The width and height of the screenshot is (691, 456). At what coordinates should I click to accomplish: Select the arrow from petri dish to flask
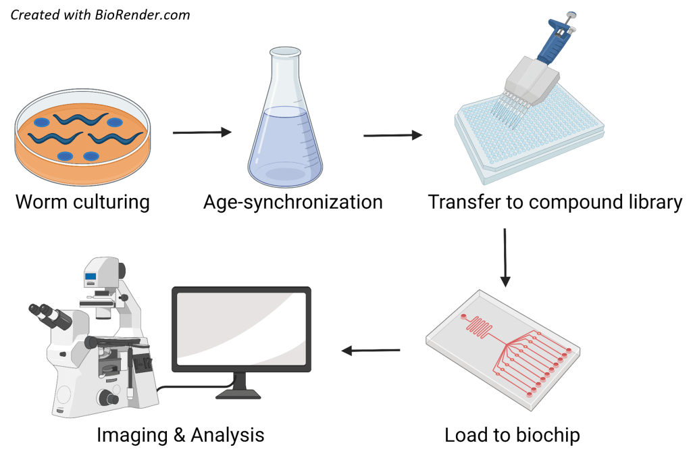(202, 132)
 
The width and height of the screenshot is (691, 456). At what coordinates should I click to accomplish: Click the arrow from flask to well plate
(392, 136)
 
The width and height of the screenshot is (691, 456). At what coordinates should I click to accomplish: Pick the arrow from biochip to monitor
(371, 350)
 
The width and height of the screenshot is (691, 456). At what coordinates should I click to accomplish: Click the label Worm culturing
(82, 202)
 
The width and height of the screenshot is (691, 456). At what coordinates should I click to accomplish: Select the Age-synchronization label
(293, 201)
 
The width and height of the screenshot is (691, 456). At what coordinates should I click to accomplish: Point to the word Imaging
(132, 435)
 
